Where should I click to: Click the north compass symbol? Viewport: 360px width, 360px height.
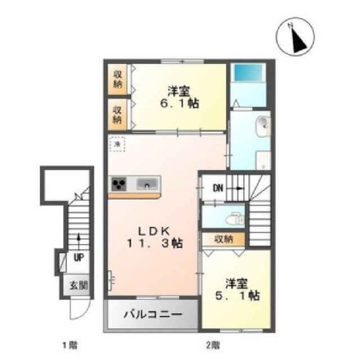coord(295,38)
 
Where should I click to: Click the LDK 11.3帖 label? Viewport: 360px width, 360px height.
coord(152,236)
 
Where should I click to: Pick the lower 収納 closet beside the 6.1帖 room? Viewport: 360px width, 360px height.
coord(118,115)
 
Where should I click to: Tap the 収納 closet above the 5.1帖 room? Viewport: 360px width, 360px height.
coord(224,238)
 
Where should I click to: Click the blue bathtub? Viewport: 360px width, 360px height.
coord(247,73)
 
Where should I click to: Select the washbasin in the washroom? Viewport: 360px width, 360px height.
coord(263,128)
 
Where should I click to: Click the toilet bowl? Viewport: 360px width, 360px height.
coord(237,219)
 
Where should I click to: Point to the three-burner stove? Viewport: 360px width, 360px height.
coord(119,184)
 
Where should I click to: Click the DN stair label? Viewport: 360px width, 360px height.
coord(218,188)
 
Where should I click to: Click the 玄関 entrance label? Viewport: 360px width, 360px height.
coord(79,285)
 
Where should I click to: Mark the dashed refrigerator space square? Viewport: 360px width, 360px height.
coord(118,145)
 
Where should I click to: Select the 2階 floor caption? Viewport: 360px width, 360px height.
coord(212,344)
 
